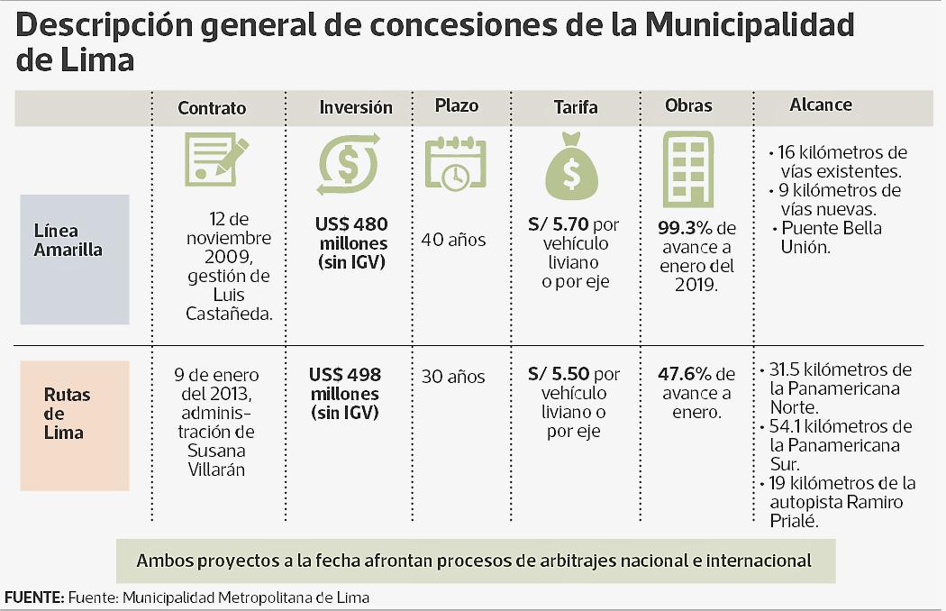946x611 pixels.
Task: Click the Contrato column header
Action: click(x=212, y=108)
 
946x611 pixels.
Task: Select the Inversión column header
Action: click(x=356, y=107)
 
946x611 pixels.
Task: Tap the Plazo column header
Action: click(x=457, y=105)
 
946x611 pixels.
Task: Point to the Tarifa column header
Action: click(x=576, y=107)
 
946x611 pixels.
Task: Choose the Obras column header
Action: click(x=688, y=105)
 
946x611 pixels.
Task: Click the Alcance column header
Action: click(x=821, y=105)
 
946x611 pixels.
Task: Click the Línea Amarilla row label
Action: click(x=69, y=242)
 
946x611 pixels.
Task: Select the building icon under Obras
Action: click(x=688, y=169)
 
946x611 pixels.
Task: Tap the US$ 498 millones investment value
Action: click(x=347, y=394)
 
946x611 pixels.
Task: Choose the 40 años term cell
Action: click(x=453, y=240)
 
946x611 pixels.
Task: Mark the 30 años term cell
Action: click(x=453, y=377)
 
